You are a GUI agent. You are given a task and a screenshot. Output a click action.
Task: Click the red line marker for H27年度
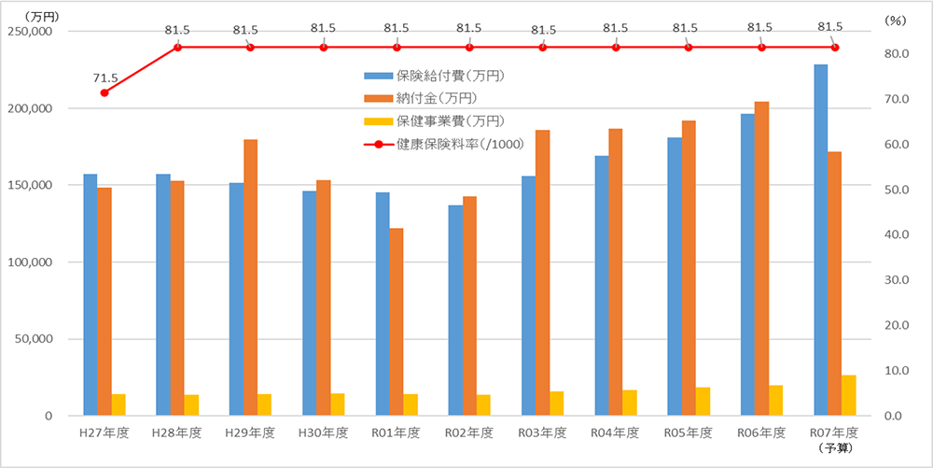pyautogui.click(x=104, y=92)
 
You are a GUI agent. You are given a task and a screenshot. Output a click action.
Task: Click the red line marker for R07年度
pyautogui.click(x=835, y=48)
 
